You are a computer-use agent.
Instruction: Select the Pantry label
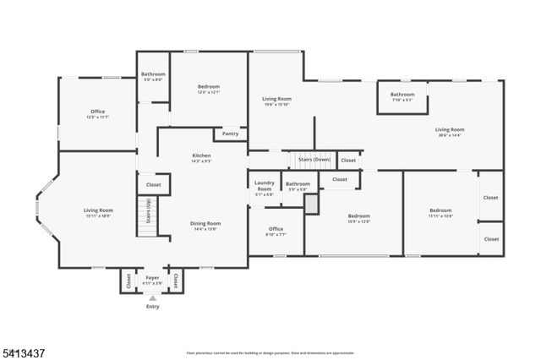coord(230,134)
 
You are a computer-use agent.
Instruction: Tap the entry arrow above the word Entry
coord(152,297)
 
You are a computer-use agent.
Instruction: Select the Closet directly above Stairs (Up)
coord(154,184)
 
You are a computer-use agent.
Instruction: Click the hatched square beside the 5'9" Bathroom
coord(311,204)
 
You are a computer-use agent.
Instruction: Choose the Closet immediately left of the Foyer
coord(127,280)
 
